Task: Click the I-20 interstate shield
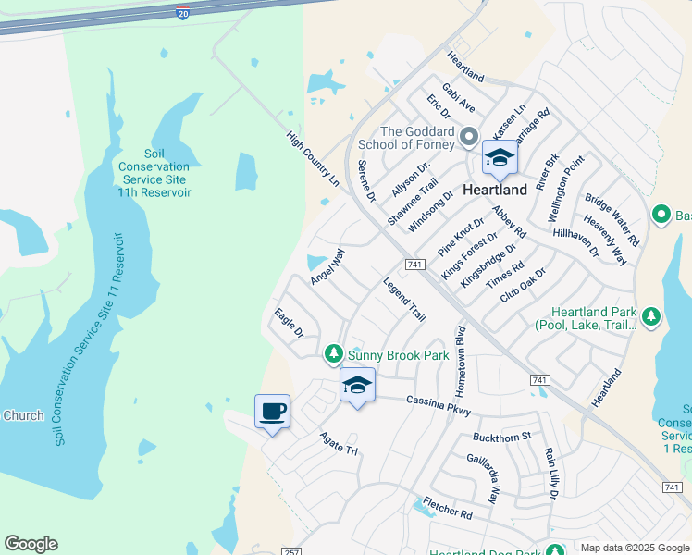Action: tap(182, 12)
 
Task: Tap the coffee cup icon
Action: tap(273, 412)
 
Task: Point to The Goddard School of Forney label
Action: tap(417, 138)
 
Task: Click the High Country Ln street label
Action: tap(313, 159)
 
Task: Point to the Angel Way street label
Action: tap(327, 266)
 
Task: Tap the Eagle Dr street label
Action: tap(289, 323)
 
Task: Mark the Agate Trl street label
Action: tap(339, 443)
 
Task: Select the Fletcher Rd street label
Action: tap(448, 508)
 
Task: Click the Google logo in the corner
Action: tap(31, 544)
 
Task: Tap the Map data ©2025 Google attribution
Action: tap(635, 548)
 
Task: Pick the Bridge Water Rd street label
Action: tap(612, 219)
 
